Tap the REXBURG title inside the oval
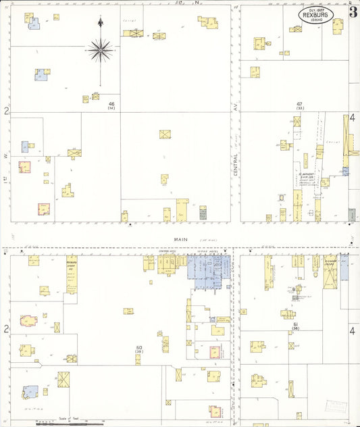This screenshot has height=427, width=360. [x=320, y=16]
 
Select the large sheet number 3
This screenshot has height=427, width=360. [x=353, y=12]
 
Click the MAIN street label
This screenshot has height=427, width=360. [x=180, y=238]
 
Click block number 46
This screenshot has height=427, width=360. [x=111, y=103]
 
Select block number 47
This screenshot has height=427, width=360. [x=299, y=103]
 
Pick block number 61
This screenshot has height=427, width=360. [x=296, y=324]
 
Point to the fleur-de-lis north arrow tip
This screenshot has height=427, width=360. [x=100, y=23]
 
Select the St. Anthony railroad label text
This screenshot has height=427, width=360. [x=307, y=178]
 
